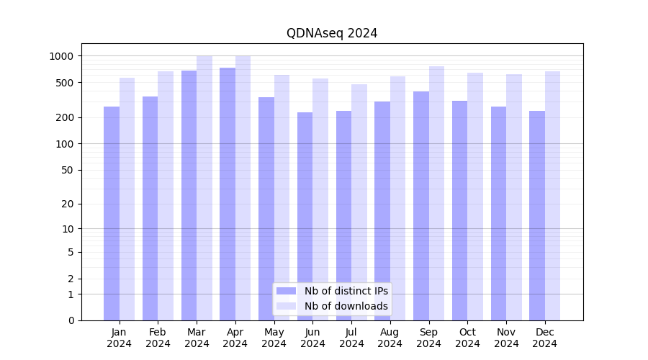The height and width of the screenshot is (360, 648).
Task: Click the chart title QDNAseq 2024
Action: click(332, 33)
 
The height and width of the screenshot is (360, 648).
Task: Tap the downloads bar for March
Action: click(204, 188)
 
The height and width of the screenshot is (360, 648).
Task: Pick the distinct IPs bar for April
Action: click(228, 194)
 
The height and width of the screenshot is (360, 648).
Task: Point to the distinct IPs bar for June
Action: click(305, 216)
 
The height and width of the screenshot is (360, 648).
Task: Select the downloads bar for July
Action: click(359, 202)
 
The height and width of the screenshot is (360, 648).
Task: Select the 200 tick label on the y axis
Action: click(66, 117)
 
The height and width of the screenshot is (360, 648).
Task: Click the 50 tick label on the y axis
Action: click(68, 171)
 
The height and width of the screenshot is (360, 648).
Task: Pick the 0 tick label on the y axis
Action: click(71, 320)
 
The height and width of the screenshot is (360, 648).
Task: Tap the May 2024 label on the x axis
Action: click(274, 338)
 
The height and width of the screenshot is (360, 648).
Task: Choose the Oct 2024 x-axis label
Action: click(467, 338)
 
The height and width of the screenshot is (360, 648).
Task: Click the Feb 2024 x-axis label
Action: click(158, 338)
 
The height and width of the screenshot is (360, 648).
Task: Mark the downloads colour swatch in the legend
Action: click(287, 306)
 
